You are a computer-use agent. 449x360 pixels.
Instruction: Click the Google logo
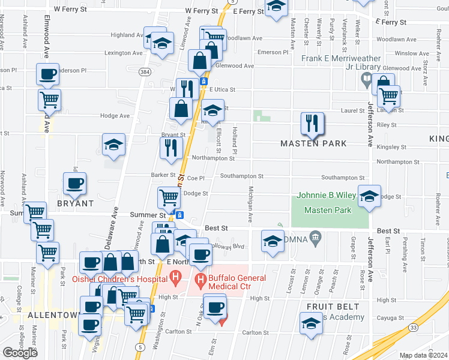(20, 353)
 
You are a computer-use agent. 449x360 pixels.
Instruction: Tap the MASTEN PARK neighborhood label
(314, 144)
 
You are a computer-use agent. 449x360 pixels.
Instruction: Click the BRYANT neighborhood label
(75, 203)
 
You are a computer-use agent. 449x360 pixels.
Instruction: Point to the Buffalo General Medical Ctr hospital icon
(199, 278)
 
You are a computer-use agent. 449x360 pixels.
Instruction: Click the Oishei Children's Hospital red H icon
(175, 278)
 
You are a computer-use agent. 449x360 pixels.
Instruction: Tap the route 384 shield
(144, 71)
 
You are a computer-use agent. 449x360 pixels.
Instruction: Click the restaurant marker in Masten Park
(312, 124)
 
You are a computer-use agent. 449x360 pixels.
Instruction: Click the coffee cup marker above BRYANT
(75, 184)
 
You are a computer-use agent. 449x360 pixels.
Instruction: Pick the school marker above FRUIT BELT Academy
(310, 324)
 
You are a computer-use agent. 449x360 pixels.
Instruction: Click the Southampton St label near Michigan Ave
(241, 176)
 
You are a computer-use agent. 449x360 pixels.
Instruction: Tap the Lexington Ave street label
(124, 53)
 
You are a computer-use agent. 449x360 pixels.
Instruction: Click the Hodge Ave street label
(115, 116)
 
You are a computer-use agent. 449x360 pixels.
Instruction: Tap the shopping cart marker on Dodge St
(169, 196)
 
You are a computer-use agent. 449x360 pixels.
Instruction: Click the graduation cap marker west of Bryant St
(113, 145)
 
